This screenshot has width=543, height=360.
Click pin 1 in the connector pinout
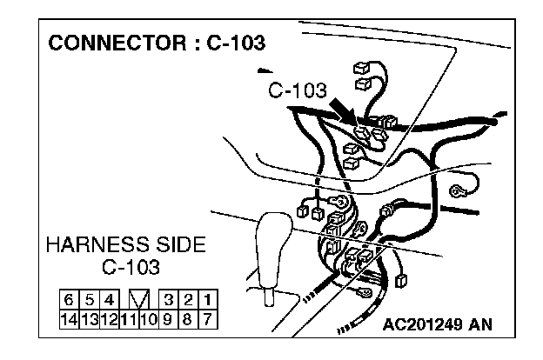[x=208, y=301]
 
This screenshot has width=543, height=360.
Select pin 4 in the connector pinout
[x=107, y=301]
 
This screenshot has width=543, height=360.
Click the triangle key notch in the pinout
[x=137, y=301]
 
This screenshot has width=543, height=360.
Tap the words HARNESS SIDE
[x=126, y=245]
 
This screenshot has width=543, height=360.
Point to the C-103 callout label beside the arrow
[x=297, y=90]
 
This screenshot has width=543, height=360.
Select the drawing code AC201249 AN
[x=437, y=325]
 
